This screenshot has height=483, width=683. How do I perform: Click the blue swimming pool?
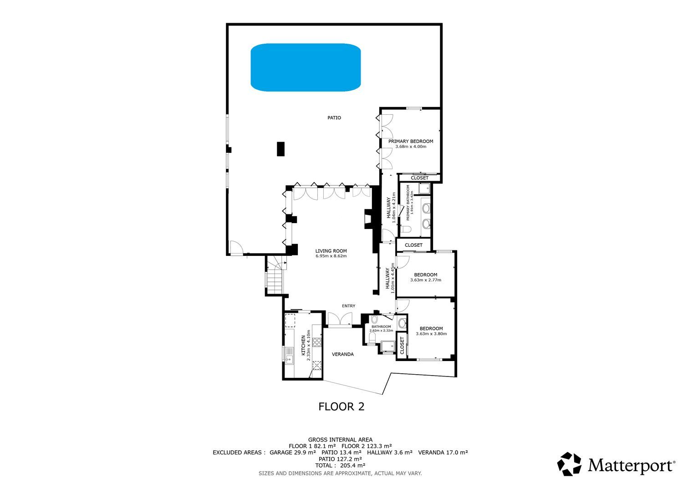click(x=306, y=67)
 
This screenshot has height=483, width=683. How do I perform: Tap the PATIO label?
click(x=334, y=118)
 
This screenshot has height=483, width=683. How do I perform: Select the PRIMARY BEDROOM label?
click(x=411, y=142)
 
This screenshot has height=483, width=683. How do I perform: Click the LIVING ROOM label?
click(x=331, y=251)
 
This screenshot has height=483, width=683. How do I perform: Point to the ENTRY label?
click(x=348, y=306)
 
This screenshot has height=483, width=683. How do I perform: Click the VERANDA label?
click(x=343, y=354)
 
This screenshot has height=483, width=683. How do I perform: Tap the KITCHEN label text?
click(x=303, y=346)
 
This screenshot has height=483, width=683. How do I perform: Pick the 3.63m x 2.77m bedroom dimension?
click(x=426, y=280)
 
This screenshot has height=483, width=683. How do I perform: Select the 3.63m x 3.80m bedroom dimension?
click(x=431, y=334)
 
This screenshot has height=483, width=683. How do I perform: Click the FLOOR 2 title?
click(x=341, y=407)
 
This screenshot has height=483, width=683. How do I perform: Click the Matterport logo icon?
click(x=569, y=464)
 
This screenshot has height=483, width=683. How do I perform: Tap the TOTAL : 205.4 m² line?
click(x=340, y=465)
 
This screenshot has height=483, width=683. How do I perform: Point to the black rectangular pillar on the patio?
click(x=280, y=149)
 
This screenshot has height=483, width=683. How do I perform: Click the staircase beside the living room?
click(x=276, y=275)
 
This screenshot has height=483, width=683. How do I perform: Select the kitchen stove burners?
click(x=317, y=342)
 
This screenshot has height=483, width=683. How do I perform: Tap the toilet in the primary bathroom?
click(x=406, y=229)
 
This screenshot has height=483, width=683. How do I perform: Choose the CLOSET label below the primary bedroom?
click(x=419, y=178)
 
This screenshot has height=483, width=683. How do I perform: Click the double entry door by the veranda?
click(x=340, y=319)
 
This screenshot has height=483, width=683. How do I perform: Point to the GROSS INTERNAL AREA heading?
click(x=340, y=440)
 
